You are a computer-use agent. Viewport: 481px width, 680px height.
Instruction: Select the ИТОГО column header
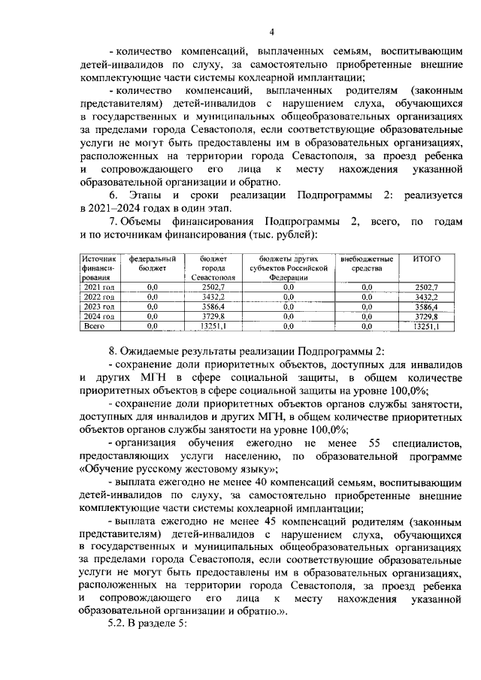[x=427, y=259]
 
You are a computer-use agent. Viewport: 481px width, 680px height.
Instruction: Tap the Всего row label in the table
[x=94, y=327]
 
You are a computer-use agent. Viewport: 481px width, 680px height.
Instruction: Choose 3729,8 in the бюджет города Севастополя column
[x=213, y=317]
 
